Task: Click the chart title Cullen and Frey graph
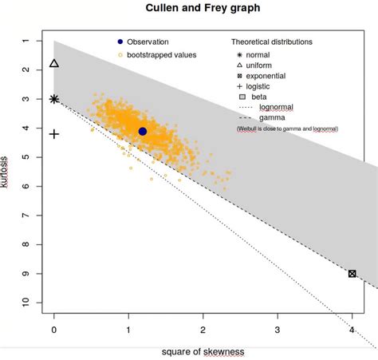[202, 8]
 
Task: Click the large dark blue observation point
[143, 131]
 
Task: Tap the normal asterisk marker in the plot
[54, 99]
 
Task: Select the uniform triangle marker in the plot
[54, 64]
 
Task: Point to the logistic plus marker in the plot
[54, 134]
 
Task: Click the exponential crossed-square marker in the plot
[352, 274]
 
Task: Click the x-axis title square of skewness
[202, 351]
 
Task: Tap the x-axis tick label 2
[203, 328]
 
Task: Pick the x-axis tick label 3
[278, 328]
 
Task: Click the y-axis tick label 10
[26, 303]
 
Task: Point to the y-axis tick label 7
[26, 216]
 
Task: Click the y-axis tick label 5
[26, 157]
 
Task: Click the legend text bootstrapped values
[162, 55]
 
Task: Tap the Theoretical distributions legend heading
[272, 42]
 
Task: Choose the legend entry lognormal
[276, 106]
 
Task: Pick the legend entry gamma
[273, 117]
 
